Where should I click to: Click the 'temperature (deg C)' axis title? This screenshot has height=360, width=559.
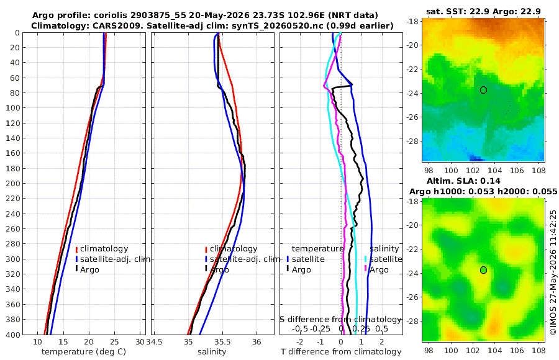click(84, 352)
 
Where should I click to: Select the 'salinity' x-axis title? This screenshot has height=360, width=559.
click(212, 352)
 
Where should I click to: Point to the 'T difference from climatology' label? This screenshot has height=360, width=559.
click(341, 352)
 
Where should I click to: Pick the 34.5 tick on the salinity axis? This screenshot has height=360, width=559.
click(155, 342)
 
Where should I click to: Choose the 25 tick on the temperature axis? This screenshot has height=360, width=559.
click(114, 342)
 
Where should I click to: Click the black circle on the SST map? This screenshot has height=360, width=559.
click(483, 90)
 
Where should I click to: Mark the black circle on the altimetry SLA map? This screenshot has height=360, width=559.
click(483, 270)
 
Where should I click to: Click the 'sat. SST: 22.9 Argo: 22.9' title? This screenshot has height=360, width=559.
click(483, 11)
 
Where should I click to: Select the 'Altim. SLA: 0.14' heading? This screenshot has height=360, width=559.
click(463, 181)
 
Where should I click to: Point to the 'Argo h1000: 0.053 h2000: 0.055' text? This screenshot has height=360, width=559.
click(483, 191)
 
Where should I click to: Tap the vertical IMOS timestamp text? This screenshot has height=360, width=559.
click(553, 272)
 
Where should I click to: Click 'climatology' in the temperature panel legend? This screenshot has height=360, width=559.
click(104, 249)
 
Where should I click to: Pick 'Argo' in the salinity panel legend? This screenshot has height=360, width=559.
click(219, 270)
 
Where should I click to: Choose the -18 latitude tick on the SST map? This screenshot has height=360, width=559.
click(412, 21)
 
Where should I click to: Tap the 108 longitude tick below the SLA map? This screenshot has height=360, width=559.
click(539, 350)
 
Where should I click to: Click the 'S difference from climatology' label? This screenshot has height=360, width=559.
click(341, 319)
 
